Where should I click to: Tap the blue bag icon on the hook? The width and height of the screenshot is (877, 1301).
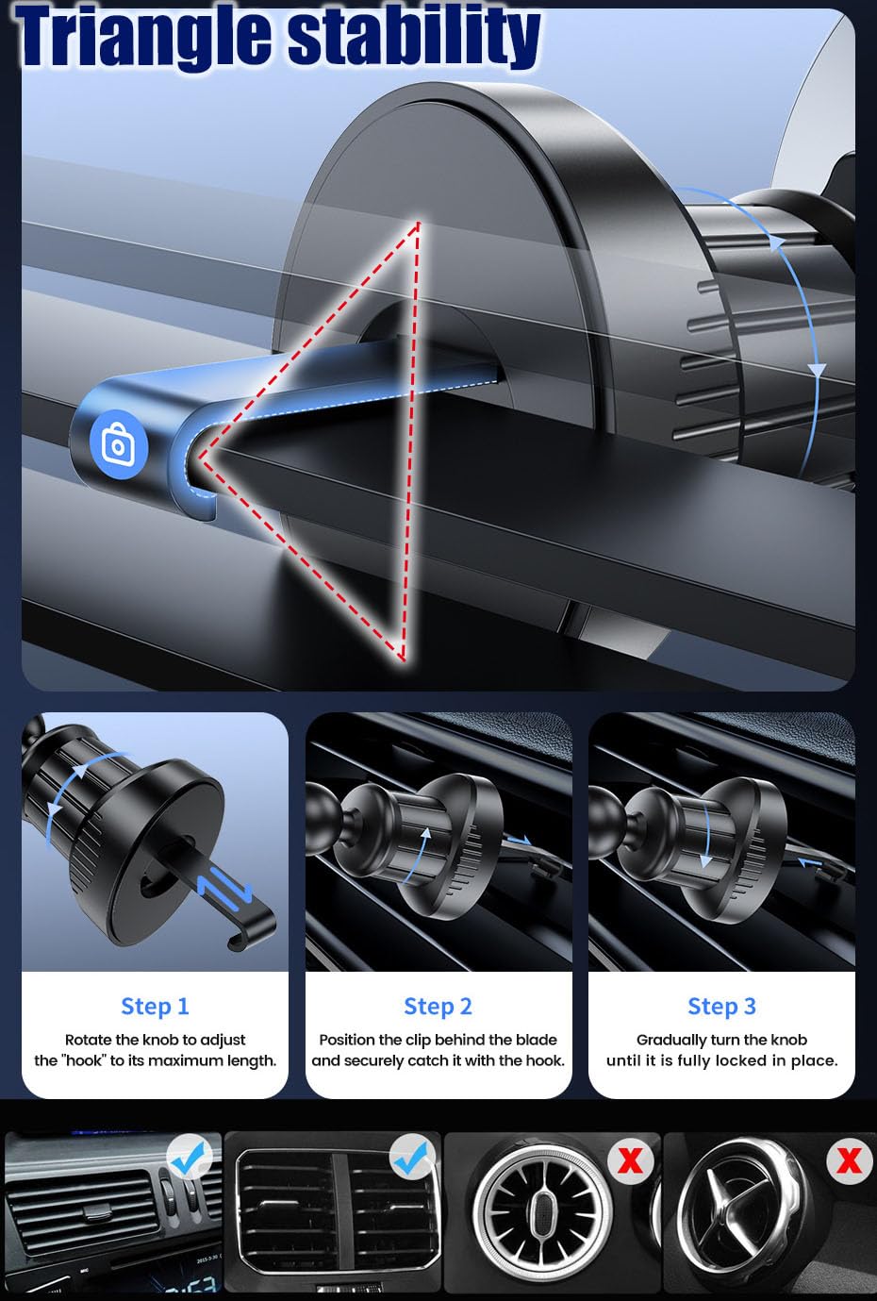tap(119, 445)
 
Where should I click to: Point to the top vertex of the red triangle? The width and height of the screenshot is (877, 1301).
tap(418, 223)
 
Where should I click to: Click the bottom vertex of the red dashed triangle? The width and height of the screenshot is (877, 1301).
tap(403, 659)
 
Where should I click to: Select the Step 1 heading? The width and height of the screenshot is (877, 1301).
tap(155, 1007)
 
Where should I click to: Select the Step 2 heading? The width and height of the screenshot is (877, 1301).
tap(438, 1007)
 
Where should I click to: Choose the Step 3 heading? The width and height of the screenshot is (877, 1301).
tap(722, 1007)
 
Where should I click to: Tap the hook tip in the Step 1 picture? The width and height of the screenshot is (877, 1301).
tap(232, 944)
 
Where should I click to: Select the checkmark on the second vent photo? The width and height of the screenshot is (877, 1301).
tap(411, 1157)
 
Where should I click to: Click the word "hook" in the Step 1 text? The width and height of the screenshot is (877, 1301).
tap(85, 1060)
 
